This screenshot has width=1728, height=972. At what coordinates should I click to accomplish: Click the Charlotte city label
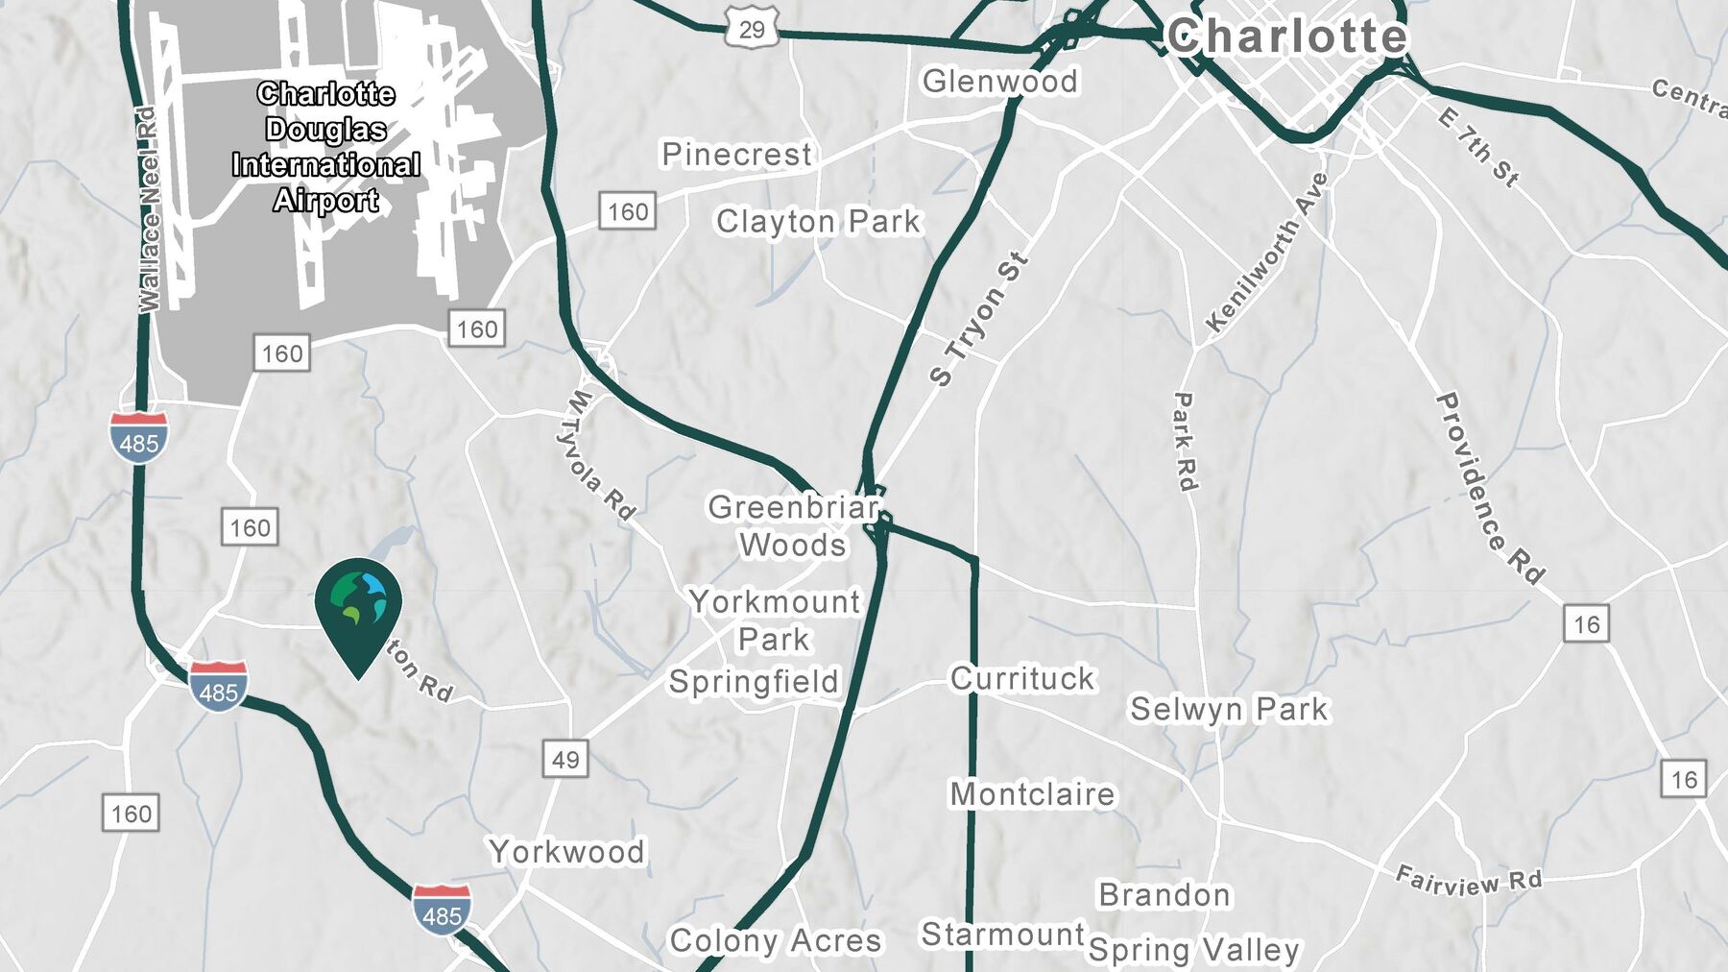pyautogui.click(x=1286, y=36)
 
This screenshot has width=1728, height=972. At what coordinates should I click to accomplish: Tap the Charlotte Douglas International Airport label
pyautogui.click(x=326, y=147)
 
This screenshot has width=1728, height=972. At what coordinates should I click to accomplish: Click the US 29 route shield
pyautogui.click(x=751, y=29)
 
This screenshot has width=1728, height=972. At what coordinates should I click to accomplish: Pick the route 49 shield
pyautogui.click(x=564, y=760)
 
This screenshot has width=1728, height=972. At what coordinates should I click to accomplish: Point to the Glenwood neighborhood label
pyautogui.click(x=999, y=82)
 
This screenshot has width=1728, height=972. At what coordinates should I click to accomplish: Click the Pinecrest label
pyautogui.click(x=736, y=154)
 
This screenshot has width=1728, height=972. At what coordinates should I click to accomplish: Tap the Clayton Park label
pyautogui.click(x=818, y=222)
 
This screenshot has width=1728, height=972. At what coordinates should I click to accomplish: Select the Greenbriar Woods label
pyautogui.click(x=793, y=525)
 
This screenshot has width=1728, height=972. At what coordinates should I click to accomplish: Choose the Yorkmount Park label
pyautogui.click(x=775, y=620)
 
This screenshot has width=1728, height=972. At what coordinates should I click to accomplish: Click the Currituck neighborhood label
pyautogui.click(x=1022, y=678)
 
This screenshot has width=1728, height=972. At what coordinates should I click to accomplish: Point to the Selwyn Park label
pyautogui.click(x=1229, y=709)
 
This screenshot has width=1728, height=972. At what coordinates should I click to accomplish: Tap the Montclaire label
pyautogui.click(x=1032, y=794)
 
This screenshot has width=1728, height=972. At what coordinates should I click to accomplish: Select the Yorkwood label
pyautogui.click(x=566, y=851)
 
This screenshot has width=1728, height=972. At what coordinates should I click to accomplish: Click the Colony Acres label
pyautogui.click(x=775, y=940)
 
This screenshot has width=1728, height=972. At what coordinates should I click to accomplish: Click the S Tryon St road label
pyautogui.click(x=978, y=319)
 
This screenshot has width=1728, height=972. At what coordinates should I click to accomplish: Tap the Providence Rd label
pyautogui.click(x=1489, y=488)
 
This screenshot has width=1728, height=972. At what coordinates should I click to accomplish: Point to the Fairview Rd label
pyautogui.click(x=1468, y=881)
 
